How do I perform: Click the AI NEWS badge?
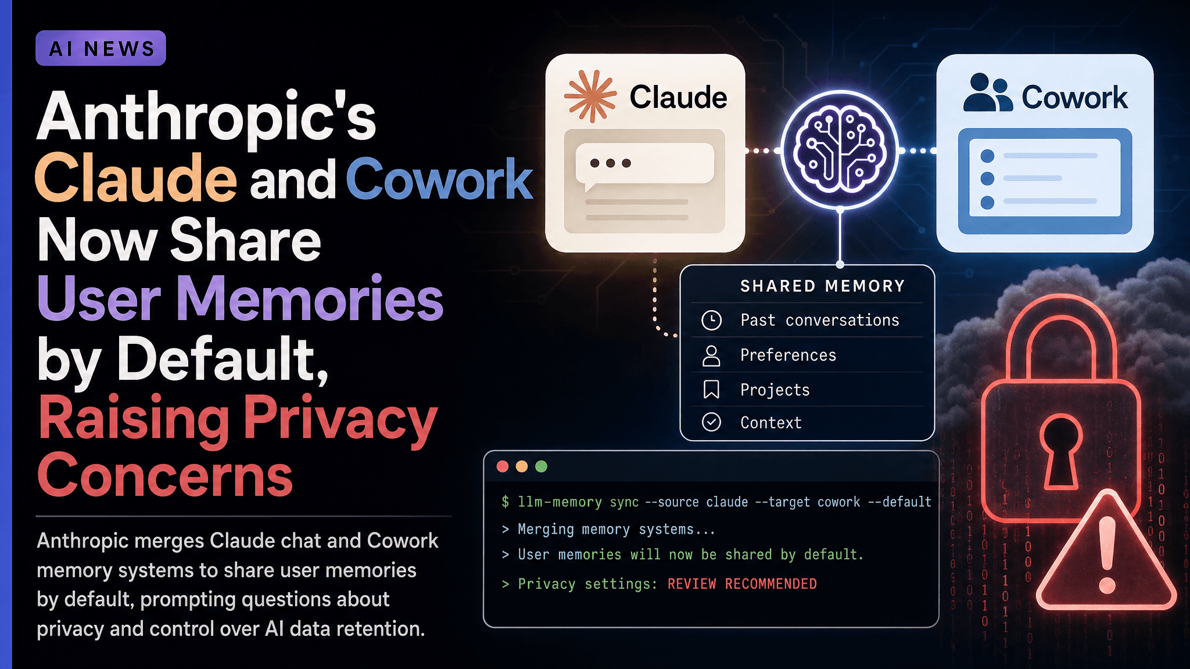[x=101, y=48]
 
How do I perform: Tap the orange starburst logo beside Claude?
[x=590, y=96]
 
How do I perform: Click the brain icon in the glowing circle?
[x=840, y=150]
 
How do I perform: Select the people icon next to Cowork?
[x=988, y=92]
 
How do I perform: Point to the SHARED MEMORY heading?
[x=823, y=286]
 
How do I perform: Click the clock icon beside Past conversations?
[x=712, y=320]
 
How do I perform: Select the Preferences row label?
[x=788, y=355]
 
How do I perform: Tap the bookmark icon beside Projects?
[x=711, y=390]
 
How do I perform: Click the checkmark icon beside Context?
[x=712, y=422]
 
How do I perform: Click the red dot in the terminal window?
[x=503, y=466]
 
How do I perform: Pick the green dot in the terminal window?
[x=541, y=466]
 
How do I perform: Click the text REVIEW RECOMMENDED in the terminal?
[x=742, y=584]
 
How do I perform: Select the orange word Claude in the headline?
[x=136, y=178]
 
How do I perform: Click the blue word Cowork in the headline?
[x=439, y=178]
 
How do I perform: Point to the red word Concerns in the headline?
[x=165, y=476]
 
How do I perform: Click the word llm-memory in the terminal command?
[x=560, y=502]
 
